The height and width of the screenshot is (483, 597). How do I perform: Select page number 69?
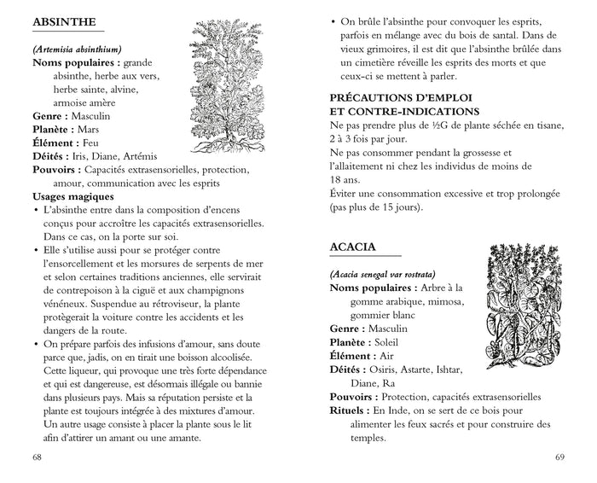click(x=559, y=457)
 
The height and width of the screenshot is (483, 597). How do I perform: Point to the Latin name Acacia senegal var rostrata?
click(x=383, y=274)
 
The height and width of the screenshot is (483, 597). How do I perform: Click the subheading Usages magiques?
click(x=72, y=196)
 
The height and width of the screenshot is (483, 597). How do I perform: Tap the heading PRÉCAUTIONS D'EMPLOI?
click(x=403, y=97)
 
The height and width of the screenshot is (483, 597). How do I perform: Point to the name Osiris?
click(x=388, y=369)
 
